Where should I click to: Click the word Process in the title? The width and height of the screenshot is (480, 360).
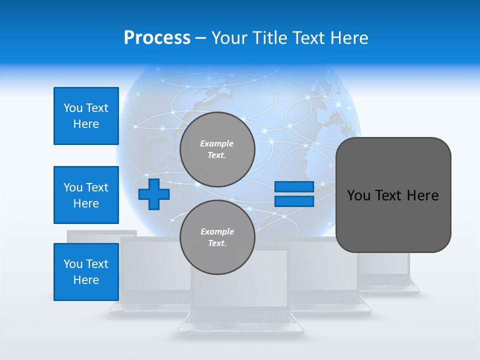[157, 38]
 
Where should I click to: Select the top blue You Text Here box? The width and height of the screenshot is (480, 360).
[86, 116]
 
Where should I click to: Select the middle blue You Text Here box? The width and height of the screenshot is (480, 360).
[86, 195]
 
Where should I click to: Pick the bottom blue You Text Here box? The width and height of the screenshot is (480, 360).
[86, 272]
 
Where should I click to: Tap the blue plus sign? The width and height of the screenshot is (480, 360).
[154, 194]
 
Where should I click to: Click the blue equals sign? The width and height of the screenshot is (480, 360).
[294, 194]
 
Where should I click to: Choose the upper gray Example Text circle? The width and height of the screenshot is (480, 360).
[217, 149]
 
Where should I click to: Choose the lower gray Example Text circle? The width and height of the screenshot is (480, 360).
[217, 237]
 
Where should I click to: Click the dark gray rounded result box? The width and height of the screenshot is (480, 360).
[393, 195]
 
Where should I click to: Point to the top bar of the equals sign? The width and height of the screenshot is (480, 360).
[294, 187]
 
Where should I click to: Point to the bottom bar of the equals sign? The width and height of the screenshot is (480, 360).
[294, 201]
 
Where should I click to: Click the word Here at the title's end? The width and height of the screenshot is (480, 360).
[350, 38]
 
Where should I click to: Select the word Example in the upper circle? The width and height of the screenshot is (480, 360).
[217, 143]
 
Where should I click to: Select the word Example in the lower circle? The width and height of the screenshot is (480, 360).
[217, 231]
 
